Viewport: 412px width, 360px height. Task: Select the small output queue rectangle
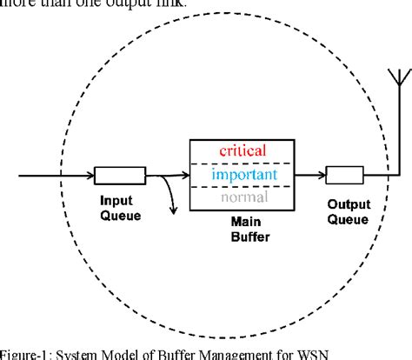coord(345,176)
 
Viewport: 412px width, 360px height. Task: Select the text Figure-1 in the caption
coord(23,351)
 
